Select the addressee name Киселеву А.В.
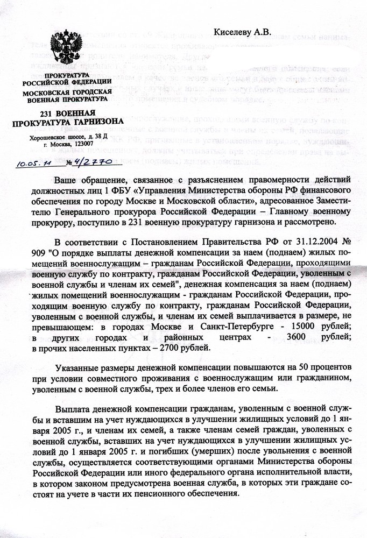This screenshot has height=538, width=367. pyautogui.click(x=244, y=32)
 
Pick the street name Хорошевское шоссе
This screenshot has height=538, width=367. pyautogui.click(x=53, y=137)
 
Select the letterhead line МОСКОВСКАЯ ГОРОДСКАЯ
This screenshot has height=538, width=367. pyautogui.click(x=67, y=92)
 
